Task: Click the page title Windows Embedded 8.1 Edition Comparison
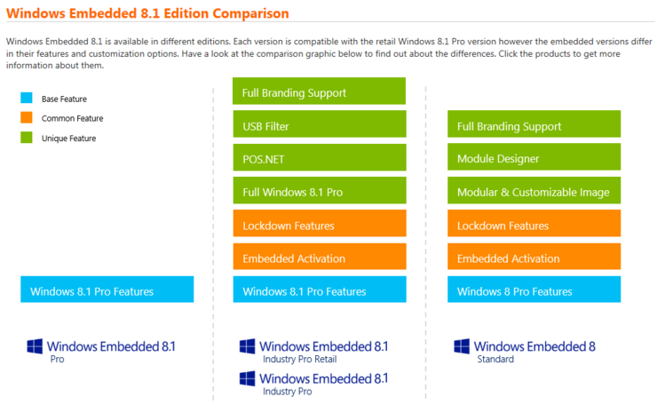(x=147, y=14)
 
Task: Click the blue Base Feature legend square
(x=26, y=99)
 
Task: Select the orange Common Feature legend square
(x=26, y=118)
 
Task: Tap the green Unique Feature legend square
(x=26, y=138)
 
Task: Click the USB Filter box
(x=319, y=126)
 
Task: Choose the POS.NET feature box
(x=319, y=159)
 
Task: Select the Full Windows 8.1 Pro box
(x=319, y=192)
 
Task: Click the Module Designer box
(x=533, y=159)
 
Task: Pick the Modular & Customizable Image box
(x=533, y=192)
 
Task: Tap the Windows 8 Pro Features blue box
(x=533, y=291)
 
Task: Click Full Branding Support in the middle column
(x=319, y=92)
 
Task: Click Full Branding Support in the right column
(x=533, y=126)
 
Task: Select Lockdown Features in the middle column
(x=319, y=226)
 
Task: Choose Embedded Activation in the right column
(x=533, y=258)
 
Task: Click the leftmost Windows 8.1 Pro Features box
(x=107, y=291)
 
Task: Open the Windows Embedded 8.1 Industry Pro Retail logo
(x=313, y=351)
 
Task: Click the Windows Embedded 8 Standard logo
(x=524, y=351)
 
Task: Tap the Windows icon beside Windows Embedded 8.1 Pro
(x=35, y=347)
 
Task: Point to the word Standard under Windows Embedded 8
(x=494, y=360)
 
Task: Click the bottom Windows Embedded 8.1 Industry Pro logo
(x=313, y=383)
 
